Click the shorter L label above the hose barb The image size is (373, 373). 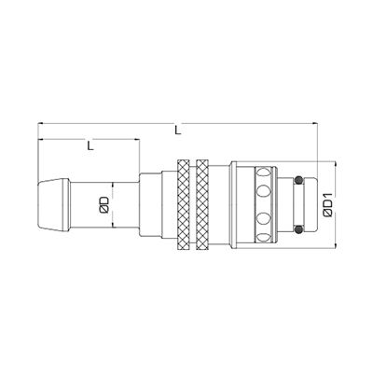pyautogui.click(x=89, y=145)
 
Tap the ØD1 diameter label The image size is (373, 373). pyautogui.click(x=325, y=203)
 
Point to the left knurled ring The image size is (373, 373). pyautogui.click(x=182, y=204)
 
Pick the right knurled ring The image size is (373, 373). pyautogui.click(x=202, y=204)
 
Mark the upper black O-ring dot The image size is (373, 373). pyautogui.click(x=298, y=180)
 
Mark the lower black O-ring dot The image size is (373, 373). pyautogui.click(x=298, y=228)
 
